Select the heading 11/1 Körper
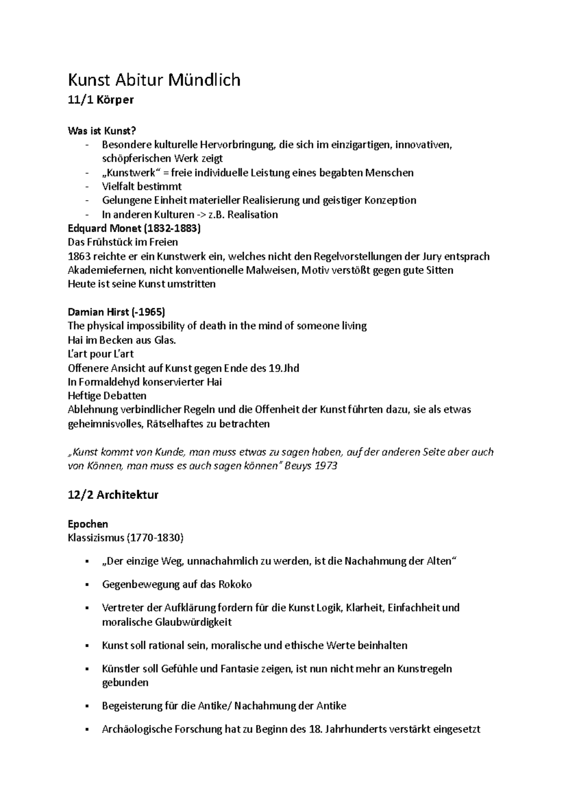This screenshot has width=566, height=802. pyautogui.click(x=100, y=100)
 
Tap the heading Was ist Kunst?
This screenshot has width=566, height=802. pyautogui.click(x=98, y=131)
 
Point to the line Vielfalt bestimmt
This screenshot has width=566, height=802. pyautogui.click(x=141, y=187)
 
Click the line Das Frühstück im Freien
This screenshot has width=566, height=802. pyautogui.click(x=123, y=242)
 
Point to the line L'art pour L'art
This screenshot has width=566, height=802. pyautogui.click(x=100, y=354)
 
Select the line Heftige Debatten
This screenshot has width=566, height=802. pyautogui.click(x=107, y=395)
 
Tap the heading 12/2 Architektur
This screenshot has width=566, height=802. pyautogui.click(x=113, y=495)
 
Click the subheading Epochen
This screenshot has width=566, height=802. pyautogui.click(x=88, y=524)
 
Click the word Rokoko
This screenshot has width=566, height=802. pyautogui.click(x=235, y=584)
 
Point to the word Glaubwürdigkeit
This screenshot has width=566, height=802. pyautogui.click(x=193, y=622)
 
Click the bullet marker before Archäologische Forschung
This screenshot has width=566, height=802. pyautogui.click(x=86, y=730)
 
